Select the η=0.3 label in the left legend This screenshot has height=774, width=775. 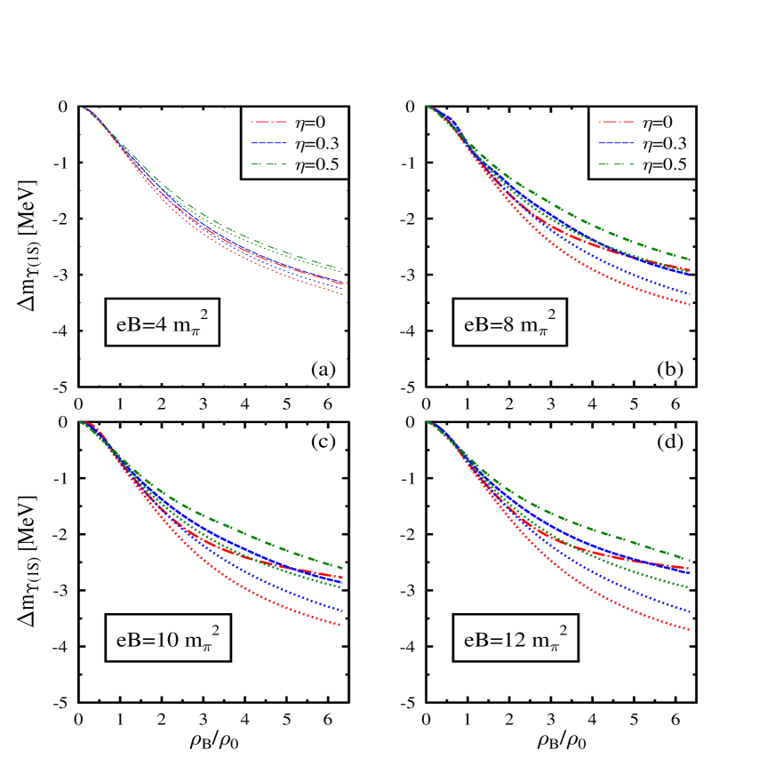click(317, 143)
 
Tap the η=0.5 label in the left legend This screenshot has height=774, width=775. click(317, 164)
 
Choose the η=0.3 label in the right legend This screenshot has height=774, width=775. click(665, 143)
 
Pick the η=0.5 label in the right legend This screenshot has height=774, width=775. click(665, 164)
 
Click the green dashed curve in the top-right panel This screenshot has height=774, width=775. click(622, 235)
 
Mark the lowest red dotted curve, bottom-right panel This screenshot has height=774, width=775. click(622, 604)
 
